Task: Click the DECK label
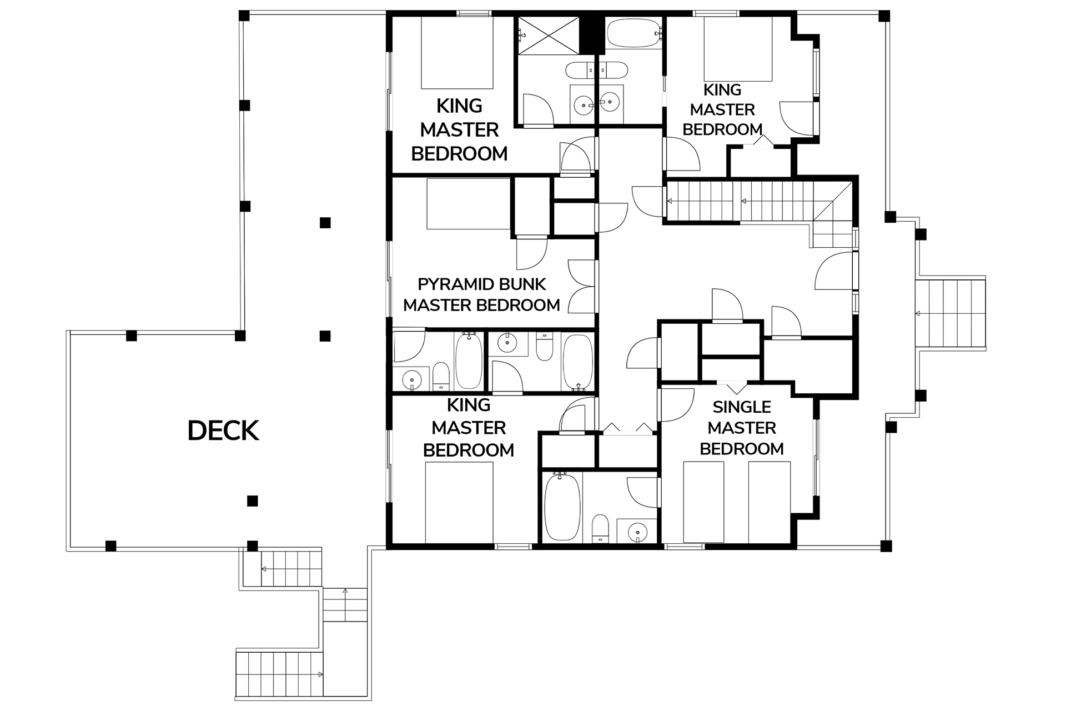pos(223,431)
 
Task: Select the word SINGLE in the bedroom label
pos(742,407)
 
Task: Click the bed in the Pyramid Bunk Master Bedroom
pos(469,204)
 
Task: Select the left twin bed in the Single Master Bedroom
pos(703,502)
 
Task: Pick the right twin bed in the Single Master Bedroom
pos(769,502)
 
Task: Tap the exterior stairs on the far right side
pos(951,314)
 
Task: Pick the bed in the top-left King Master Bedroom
pos(457,53)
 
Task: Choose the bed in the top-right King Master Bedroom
pos(738,49)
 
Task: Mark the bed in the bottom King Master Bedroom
pos(459,502)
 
